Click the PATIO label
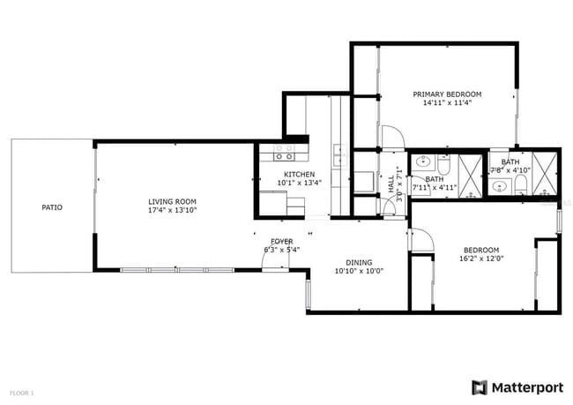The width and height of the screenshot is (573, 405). tap(52, 207)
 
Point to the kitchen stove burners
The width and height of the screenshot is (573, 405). tap(283, 152)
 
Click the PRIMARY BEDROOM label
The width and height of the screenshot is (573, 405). tap(447, 94)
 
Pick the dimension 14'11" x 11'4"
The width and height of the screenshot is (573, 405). tap(447, 102)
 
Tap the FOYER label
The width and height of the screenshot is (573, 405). tap(282, 241)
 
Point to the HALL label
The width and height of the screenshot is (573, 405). tap(391, 184)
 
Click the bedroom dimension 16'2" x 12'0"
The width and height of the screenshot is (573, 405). tap(481, 259)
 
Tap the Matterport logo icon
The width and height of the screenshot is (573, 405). tap(480, 386)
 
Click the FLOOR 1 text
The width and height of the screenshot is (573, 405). tap(22, 392)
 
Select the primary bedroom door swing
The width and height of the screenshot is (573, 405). tap(393, 138)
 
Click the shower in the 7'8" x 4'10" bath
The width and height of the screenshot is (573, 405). tap(546, 172)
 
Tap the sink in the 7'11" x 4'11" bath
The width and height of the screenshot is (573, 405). tap(422, 163)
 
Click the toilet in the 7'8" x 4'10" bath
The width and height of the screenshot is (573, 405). tap(521, 184)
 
